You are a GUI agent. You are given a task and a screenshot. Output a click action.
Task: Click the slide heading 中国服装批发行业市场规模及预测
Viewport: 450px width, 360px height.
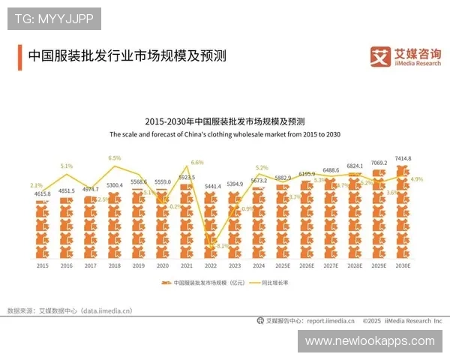click(127, 56)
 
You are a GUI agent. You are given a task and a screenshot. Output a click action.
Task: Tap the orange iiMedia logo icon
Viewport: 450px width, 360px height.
click(381, 56)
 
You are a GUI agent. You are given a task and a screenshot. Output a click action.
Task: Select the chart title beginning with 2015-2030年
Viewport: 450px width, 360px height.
click(225, 121)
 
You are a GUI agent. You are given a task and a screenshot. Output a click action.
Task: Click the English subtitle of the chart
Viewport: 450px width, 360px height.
click(225, 134)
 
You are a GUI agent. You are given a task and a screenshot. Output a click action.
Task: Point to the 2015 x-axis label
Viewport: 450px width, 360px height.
click(43, 265)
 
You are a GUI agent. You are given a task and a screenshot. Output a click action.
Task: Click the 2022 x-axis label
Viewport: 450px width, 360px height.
click(212, 265)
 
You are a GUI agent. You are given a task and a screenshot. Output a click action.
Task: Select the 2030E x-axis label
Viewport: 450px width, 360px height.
click(403, 265)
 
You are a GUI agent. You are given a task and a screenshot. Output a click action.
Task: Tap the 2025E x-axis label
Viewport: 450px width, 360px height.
click(283, 265)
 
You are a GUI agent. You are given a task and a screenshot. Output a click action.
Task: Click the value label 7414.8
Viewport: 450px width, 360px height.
click(403, 158)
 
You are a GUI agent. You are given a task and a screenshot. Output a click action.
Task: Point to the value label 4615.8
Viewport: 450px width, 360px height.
click(43, 194)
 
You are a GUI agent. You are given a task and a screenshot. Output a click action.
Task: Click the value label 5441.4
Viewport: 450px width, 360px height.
click(212, 185)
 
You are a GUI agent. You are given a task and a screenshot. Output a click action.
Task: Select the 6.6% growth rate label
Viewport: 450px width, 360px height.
click(197, 162)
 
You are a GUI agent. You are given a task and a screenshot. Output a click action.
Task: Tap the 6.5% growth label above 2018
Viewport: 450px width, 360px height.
click(115, 158)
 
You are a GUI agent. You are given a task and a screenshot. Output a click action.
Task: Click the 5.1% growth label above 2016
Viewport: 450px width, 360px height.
click(67, 166)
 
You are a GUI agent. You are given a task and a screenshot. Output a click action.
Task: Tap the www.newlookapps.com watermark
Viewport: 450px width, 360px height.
click(370, 340)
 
